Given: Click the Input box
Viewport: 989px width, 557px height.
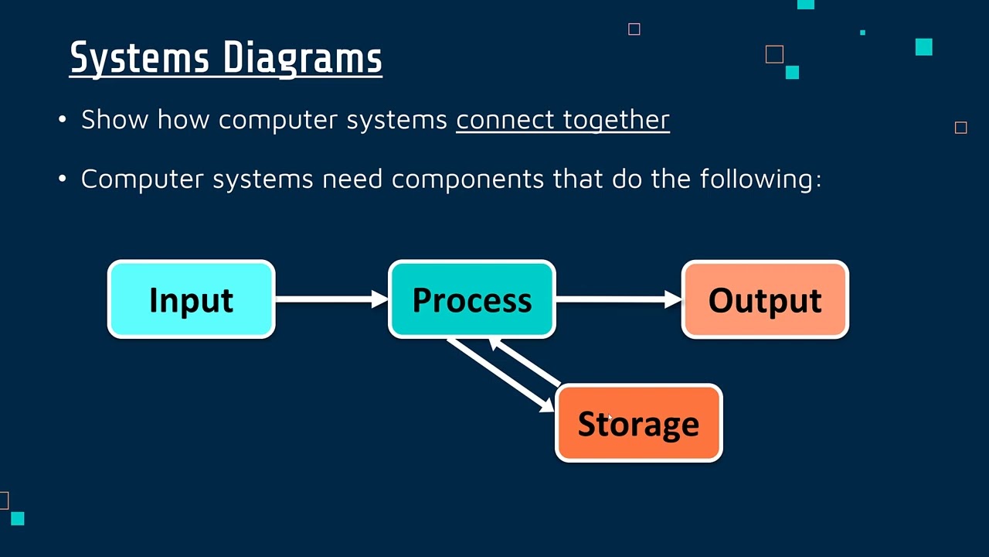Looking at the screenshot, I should [191, 299].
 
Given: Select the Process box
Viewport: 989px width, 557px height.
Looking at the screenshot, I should [471, 299].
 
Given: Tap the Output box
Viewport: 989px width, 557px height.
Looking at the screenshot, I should [765, 299].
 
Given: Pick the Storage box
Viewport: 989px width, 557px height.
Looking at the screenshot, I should [638, 423].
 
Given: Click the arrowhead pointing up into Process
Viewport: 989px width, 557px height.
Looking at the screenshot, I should [498, 346].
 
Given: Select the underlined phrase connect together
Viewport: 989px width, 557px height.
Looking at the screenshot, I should [562, 120].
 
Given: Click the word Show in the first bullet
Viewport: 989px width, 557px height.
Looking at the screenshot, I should [115, 120].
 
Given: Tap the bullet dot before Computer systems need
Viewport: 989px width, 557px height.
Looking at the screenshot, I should [63, 179].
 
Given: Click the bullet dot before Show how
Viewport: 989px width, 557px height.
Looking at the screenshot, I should [63, 120].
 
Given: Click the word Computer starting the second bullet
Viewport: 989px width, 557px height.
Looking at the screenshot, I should [143, 179].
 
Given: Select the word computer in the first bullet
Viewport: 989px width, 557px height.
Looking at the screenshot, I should [278, 120].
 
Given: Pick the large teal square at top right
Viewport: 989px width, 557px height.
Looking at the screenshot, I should [923, 47].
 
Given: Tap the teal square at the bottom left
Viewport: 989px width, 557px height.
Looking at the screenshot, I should [18, 518].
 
